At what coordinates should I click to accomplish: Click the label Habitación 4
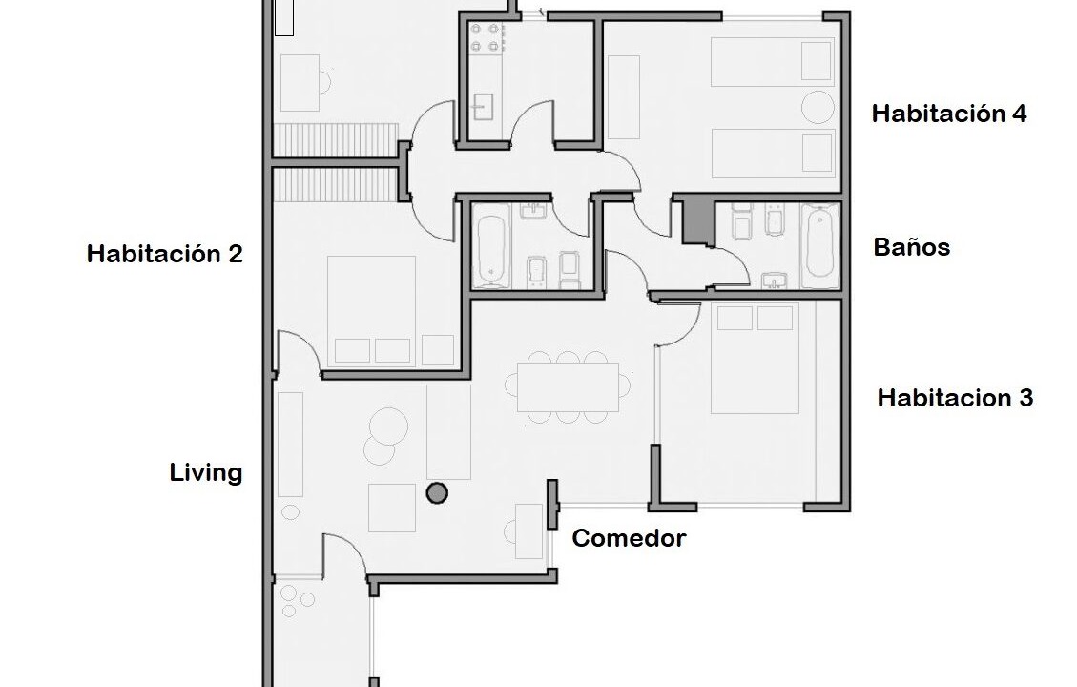tap(948, 114)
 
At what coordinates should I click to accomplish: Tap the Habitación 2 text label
tap(165, 254)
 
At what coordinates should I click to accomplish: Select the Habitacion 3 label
tap(955, 398)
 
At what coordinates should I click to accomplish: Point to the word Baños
tap(911, 246)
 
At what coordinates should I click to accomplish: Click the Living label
tap(206, 472)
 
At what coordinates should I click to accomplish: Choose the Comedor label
tap(630, 538)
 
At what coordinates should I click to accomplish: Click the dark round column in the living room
tap(437, 493)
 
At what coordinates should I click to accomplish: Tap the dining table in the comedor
tap(568, 386)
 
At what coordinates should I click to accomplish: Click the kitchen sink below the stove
tap(483, 107)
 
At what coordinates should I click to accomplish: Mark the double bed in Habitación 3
tap(755, 358)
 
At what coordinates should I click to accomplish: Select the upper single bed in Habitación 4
tap(773, 62)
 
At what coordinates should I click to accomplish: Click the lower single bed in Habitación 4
tap(773, 154)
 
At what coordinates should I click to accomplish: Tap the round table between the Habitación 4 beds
tap(818, 107)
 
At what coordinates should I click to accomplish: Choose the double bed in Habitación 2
tap(372, 310)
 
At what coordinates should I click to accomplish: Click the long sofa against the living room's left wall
tap(290, 445)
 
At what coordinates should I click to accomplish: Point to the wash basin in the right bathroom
tap(775, 280)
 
